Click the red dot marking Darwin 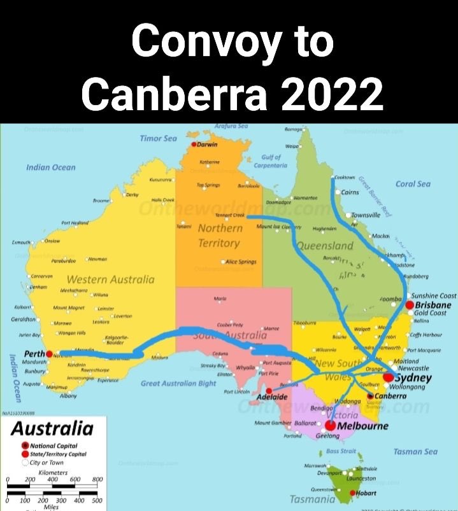[194, 144]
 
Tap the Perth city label [32, 353]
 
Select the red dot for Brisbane [410, 305]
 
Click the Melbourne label [362, 426]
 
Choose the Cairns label [350, 192]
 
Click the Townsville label [366, 215]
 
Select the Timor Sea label [159, 138]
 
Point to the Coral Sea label [413, 184]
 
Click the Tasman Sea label [415, 451]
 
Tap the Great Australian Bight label [178, 383]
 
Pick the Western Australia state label [110, 279]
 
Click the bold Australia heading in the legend [52, 428]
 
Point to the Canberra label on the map [387, 396]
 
